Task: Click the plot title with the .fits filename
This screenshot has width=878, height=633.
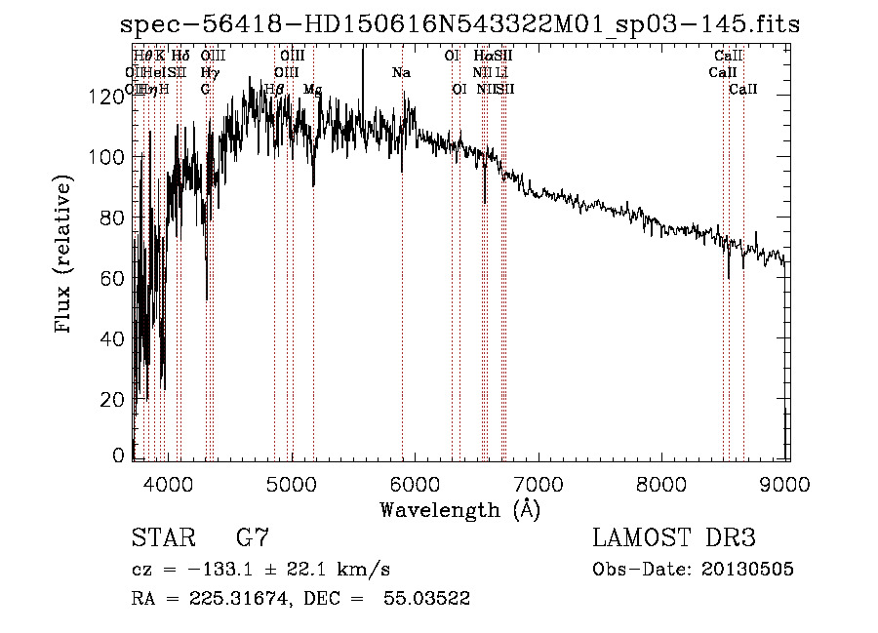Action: (459, 24)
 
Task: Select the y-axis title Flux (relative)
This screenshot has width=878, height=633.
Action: (65, 256)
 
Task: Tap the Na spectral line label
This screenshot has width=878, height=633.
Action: (401, 72)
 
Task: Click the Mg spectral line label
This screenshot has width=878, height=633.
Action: (312, 89)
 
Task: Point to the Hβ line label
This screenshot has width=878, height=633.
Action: (274, 89)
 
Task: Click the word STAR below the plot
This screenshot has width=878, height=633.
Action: (163, 538)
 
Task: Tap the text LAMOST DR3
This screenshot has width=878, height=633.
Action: (674, 538)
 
